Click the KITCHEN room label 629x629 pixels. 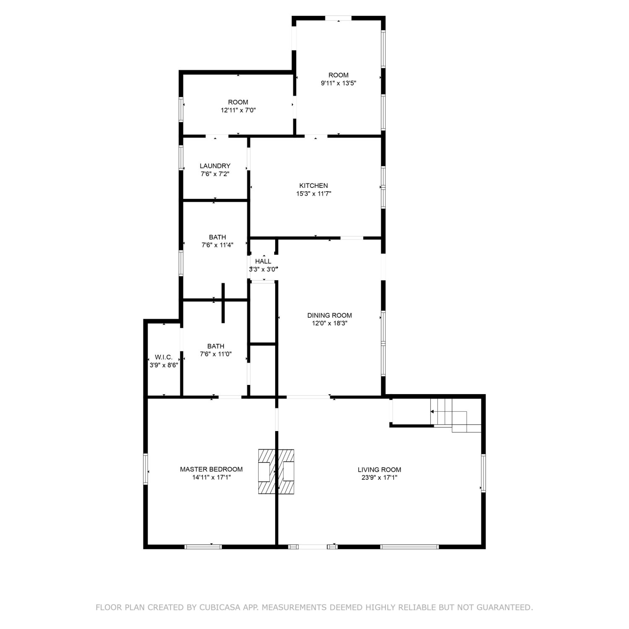click(314, 185)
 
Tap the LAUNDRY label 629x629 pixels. click(215, 166)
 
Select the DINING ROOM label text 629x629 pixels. click(330, 315)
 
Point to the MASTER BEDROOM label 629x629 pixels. click(211, 469)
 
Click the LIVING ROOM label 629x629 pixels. click(379, 470)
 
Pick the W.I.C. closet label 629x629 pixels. click(164, 357)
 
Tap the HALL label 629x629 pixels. click(263, 261)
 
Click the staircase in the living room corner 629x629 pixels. click(456, 415)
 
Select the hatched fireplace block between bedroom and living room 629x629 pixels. click(276, 471)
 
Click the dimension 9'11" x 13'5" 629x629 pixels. click(338, 83)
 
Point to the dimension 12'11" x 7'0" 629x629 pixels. click(238, 110)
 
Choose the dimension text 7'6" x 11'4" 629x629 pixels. click(217, 245)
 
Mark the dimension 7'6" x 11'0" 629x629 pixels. click(216, 354)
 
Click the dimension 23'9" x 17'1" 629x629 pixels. click(379, 477)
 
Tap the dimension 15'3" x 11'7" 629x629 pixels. click(314, 193)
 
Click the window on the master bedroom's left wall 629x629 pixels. click(146, 469)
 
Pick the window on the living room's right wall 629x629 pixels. click(483, 473)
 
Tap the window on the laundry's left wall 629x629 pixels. click(181, 157)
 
